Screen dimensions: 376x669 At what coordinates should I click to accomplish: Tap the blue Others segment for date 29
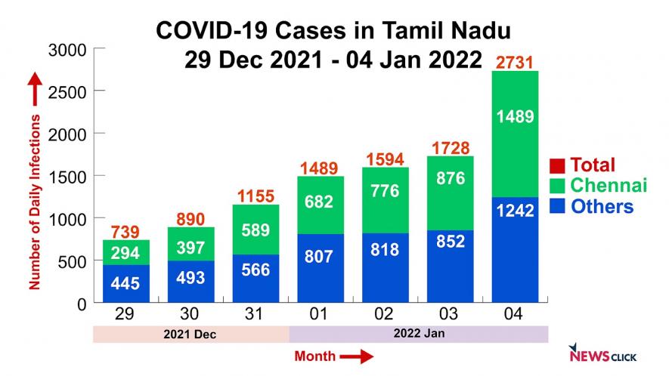click(x=125, y=284)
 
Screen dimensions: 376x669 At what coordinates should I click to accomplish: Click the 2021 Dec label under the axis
click(x=190, y=334)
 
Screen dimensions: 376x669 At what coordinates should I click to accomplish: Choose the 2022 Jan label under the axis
click(x=418, y=334)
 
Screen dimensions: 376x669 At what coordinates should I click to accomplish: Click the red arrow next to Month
click(x=357, y=356)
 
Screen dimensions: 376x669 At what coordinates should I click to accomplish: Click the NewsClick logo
click(x=602, y=354)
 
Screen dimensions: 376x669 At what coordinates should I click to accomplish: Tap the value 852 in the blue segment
click(x=451, y=242)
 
